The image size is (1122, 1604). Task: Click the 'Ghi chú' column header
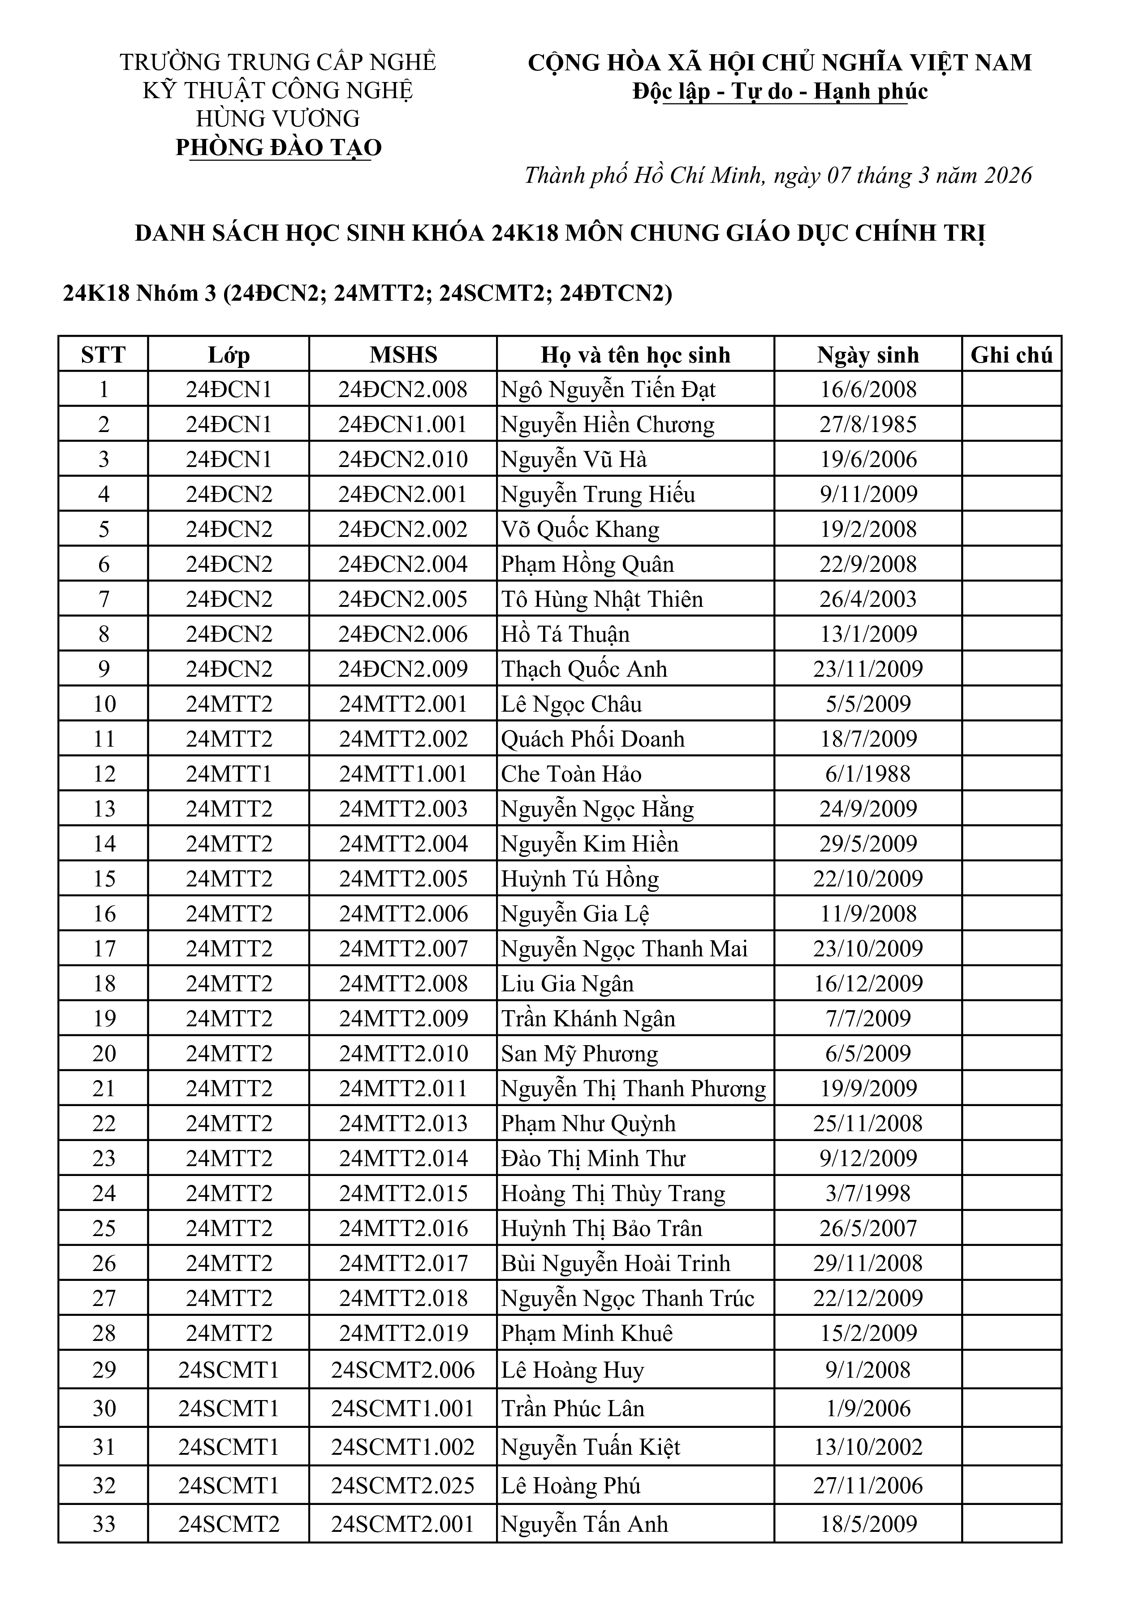(1011, 355)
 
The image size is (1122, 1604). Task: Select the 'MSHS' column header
(403, 355)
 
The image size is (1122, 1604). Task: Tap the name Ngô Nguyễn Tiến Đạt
(608, 389)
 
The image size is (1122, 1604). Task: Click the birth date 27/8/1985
(867, 424)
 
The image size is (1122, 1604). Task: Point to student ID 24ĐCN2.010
(403, 459)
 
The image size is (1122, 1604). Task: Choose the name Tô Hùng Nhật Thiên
(601, 599)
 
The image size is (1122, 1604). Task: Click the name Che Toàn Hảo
(571, 774)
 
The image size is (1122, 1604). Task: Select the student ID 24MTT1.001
(403, 774)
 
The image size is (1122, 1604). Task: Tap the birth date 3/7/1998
(867, 1193)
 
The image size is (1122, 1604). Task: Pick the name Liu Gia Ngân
(566, 983)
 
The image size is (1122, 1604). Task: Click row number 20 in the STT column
(104, 1053)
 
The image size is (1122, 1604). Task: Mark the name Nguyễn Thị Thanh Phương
(633, 1088)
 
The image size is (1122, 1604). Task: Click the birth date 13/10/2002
(867, 1446)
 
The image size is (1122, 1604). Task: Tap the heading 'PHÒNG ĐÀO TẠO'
(278, 147)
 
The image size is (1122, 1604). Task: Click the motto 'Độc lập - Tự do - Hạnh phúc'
(780, 91)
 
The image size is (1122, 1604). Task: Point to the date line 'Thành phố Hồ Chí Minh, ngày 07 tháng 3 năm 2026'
(777, 175)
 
